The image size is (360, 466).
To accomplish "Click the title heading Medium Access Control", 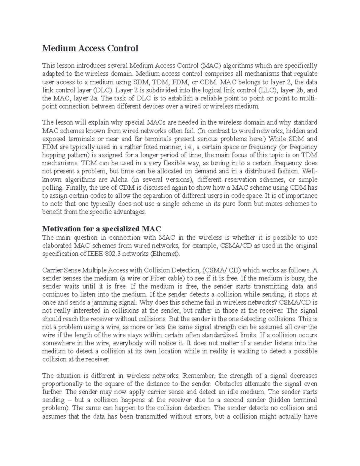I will tap(90, 48).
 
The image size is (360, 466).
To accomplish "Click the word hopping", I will tap(54, 155).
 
